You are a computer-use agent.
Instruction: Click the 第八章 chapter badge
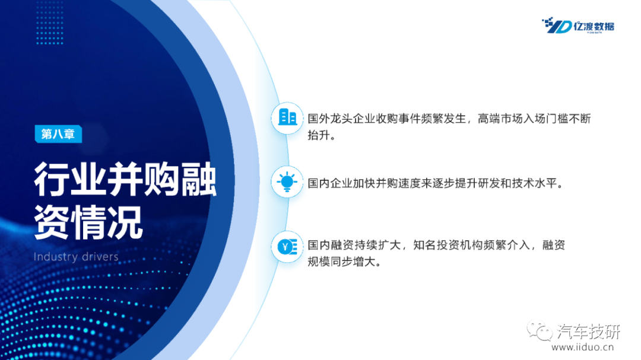point(58,134)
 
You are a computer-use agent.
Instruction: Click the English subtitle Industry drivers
point(76,257)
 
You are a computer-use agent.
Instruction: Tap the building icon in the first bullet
point(287,117)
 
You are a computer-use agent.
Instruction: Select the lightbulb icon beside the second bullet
point(287,182)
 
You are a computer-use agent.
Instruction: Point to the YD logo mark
point(556,26)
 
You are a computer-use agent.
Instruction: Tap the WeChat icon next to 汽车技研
point(540,330)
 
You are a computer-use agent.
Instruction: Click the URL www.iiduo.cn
point(583,348)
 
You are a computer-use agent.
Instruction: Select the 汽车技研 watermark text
point(589,332)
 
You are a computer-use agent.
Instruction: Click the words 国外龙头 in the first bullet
point(330,119)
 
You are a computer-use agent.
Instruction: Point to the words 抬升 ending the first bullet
point(319,135)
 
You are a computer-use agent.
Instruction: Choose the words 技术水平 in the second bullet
point(534,183)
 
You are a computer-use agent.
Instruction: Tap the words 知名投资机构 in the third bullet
point(447,245)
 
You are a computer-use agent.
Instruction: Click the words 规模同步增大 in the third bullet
point(341,262)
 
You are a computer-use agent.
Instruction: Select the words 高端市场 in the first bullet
point(500,119)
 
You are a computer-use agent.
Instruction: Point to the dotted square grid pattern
point(49,23)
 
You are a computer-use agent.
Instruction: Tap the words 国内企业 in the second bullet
point(330,183)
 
